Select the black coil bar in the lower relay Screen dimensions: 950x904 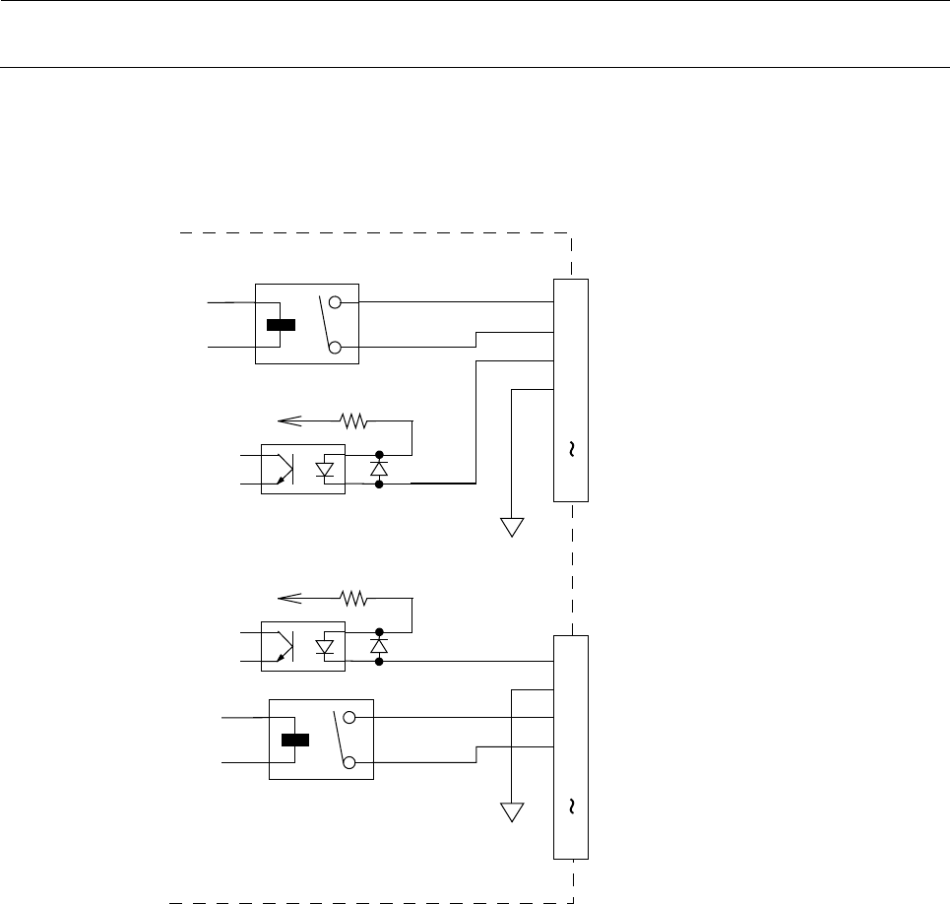pos(295,740)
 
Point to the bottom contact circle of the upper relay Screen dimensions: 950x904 pos(335,348)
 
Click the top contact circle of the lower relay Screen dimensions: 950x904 pos(349,718)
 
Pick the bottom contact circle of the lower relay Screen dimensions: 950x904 pos(349,762)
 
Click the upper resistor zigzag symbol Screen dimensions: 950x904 pos(354,421)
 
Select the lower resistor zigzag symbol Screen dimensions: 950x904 pos(354,597)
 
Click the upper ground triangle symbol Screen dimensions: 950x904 pos(512,527)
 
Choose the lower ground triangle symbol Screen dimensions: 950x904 pos(512,813)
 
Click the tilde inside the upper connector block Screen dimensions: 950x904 pos(571,450)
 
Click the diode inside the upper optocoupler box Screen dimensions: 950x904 pos(325,471)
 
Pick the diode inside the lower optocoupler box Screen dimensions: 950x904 pos(325,646)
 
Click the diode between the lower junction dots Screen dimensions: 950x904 pos(379,646)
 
